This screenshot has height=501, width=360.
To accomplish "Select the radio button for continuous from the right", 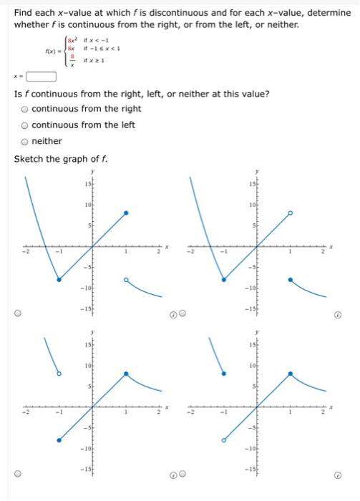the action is (25, 109).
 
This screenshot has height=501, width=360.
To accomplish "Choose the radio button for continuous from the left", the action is (25, 125).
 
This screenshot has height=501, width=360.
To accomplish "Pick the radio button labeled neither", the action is (25, 141).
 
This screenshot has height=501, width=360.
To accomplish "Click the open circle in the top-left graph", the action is (126, 280).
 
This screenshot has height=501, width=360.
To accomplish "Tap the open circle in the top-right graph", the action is (290, 213).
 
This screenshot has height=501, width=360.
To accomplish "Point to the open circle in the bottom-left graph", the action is (59, 374).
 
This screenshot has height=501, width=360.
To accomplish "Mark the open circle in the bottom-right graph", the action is (223, 440).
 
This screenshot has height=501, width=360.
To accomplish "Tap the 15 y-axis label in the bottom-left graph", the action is (87, 346).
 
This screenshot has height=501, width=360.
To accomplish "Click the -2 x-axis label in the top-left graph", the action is (24, 251).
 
